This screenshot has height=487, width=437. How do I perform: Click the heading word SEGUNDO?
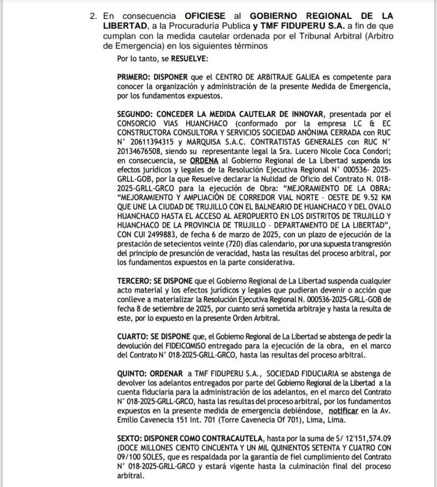135,115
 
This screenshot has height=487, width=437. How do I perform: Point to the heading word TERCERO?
135,282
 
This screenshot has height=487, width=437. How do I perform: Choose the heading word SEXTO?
131,436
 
